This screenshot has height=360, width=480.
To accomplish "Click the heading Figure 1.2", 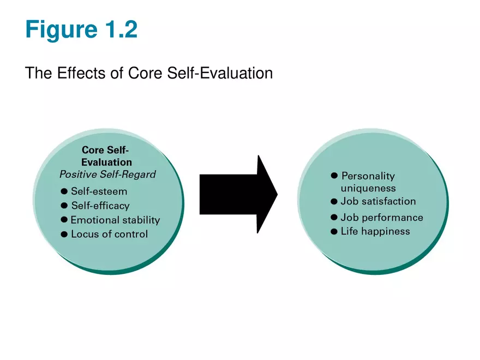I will (81, 29).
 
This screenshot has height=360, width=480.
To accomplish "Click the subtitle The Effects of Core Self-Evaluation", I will (148, 73).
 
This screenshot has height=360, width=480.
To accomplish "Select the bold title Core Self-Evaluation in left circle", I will (106, 155).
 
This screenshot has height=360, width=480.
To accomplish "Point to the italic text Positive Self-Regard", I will (107, 175).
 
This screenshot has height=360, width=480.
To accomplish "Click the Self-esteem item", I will (99, 191).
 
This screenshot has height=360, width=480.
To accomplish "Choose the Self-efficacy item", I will (100, 206).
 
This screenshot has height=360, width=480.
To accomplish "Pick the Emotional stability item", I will (115, 220).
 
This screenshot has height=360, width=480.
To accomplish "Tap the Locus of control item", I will (109, 235).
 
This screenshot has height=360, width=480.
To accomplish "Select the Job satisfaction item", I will (378, 201).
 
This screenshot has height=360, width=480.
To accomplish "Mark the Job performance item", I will (381, 218).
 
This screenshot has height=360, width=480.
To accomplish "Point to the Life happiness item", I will (375, 232).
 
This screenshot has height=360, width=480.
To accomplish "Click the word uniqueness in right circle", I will (368, 188).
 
